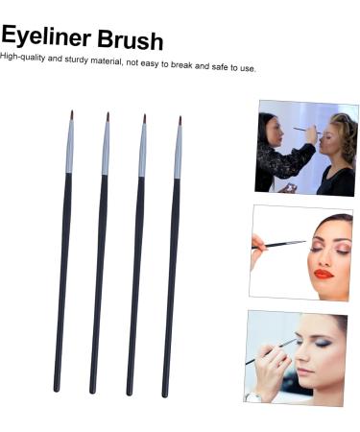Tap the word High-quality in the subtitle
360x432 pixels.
pos(25,57)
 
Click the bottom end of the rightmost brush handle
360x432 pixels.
pos(166,393)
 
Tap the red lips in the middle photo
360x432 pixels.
pos(323,274)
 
